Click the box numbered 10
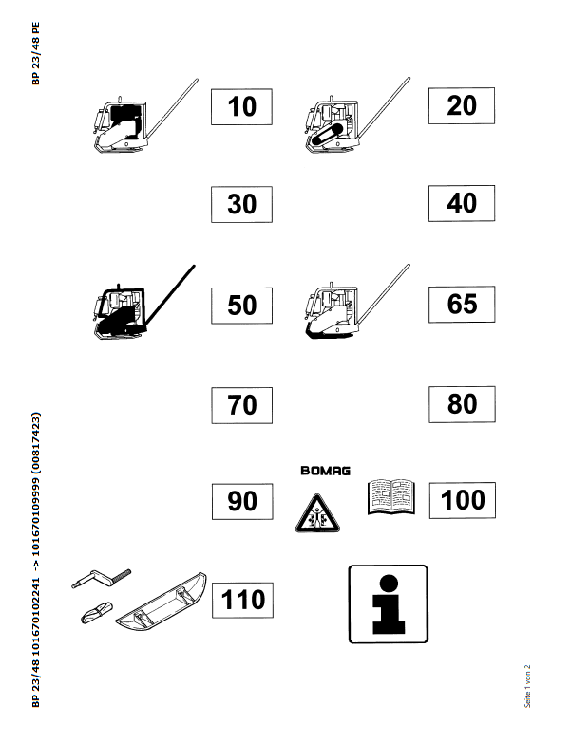pos(241,107)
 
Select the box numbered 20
pos(462,105)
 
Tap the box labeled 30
pos(241,204)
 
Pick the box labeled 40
pos(462,203)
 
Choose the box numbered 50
pos(241,306)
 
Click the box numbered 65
pos(462,304)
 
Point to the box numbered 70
pos(241,405)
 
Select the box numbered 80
pos(462,404)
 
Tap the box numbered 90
pos(242,502)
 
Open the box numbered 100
pos(463,500)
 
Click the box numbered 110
pos(242,600)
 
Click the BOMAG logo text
pos(326,471)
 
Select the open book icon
pos(391,497)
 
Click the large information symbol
pos(388,604)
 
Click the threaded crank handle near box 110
pos(102,578)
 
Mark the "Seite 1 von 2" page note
pos(527,686)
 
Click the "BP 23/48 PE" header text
pos(36,53)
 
